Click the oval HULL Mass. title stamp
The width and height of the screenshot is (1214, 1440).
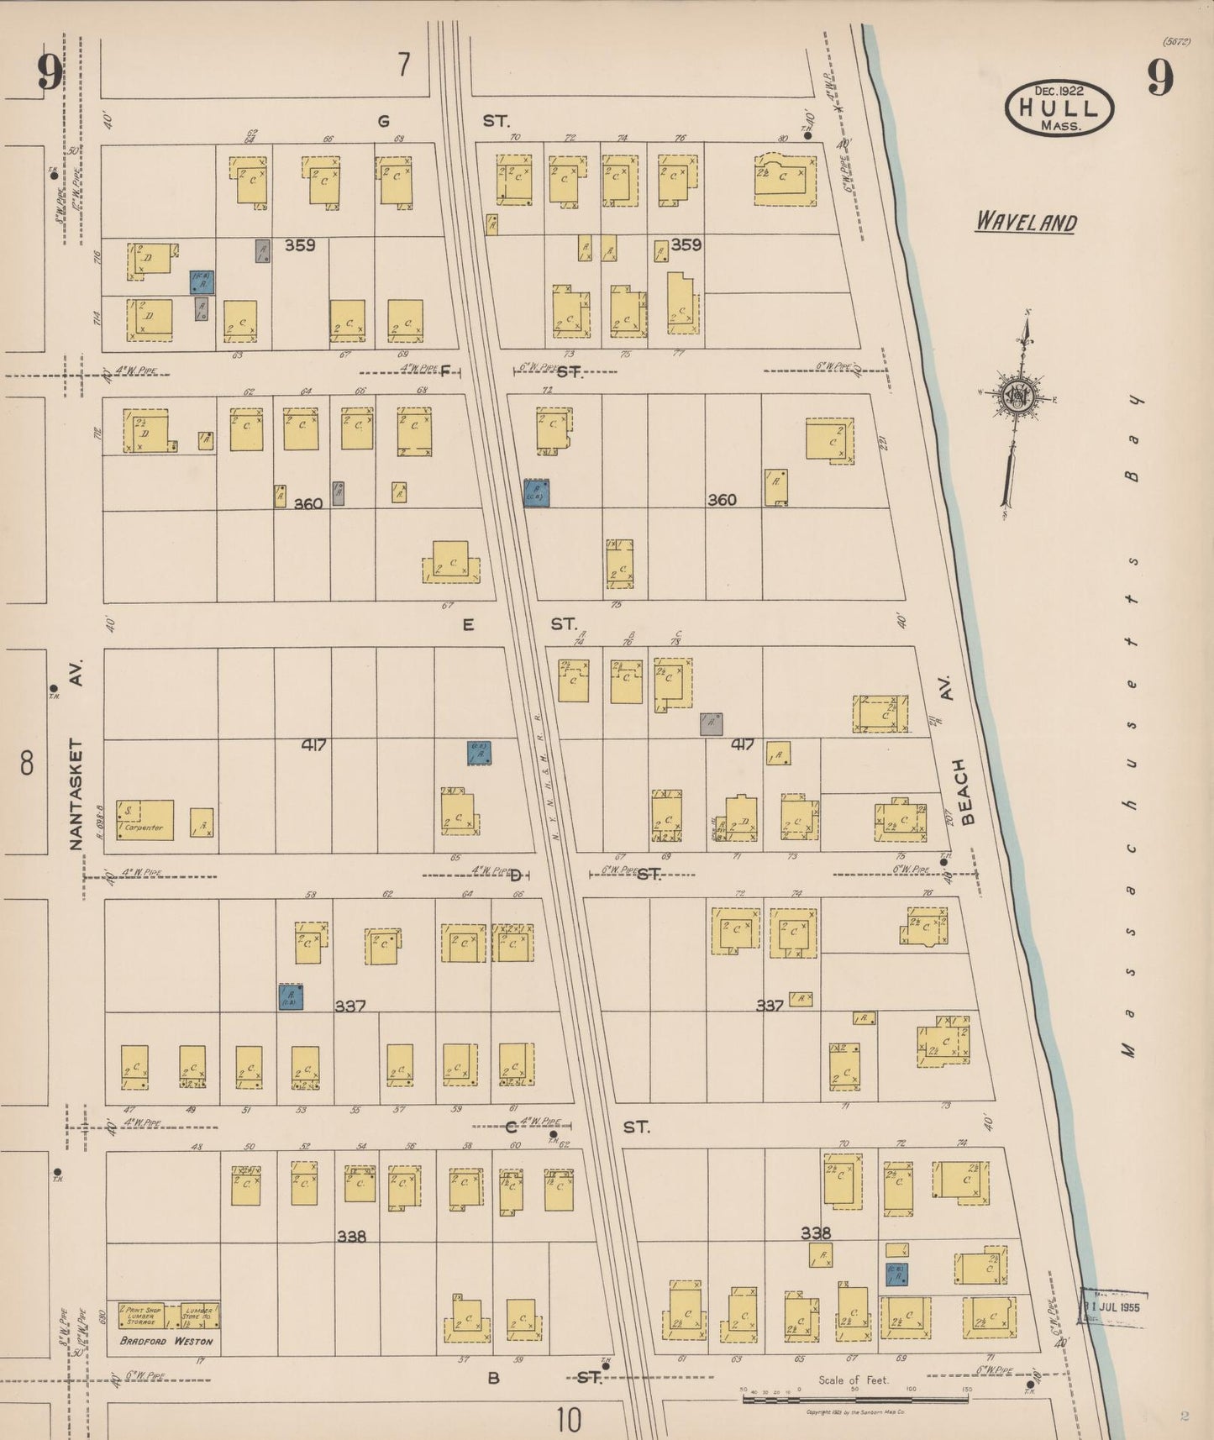point(1059,108)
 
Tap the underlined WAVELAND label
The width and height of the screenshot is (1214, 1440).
point(1025,223)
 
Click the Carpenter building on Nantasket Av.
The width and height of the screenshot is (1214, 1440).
point(145,821)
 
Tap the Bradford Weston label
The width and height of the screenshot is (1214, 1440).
point(166,1342)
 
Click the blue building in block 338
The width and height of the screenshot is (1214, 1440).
point(896,1274)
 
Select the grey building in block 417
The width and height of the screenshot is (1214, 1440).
point(711,723)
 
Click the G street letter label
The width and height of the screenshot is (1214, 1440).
point(383,121)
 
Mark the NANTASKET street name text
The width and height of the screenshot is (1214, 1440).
point(76,794)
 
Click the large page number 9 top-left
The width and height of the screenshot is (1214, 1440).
point(49,74)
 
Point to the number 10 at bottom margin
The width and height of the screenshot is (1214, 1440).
point(568,1420)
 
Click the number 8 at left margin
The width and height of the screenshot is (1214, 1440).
point(27,764)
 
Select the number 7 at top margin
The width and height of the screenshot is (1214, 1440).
point(404,65)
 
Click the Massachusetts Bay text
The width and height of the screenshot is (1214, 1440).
point(1131,723)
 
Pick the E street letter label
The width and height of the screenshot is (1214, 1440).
point(468,624)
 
